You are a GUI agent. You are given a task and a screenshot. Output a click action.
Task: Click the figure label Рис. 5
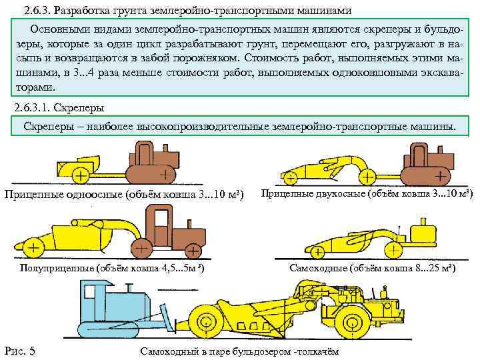pos(20,351)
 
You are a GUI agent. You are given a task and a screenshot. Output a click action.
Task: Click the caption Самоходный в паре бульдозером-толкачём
pos(239,351)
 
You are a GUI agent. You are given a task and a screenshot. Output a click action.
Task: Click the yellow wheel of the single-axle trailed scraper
pos(79,177)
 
